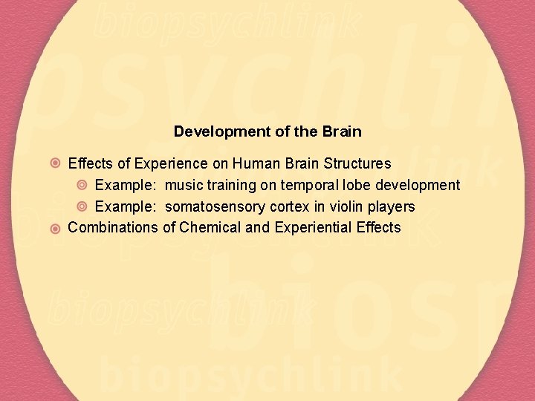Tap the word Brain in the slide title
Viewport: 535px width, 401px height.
coord(341,132)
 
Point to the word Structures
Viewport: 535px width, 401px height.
coord(354,163)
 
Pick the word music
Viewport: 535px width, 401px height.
coord(184,185)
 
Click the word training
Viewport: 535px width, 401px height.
coord(230,185)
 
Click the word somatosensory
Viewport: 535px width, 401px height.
coord(212,206)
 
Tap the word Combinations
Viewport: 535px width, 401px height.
coord(113,228)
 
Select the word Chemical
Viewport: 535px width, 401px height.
coord(210,228)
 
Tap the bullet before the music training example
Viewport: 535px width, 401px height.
coord(82,185)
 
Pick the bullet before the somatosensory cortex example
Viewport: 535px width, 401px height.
coord(82,206)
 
